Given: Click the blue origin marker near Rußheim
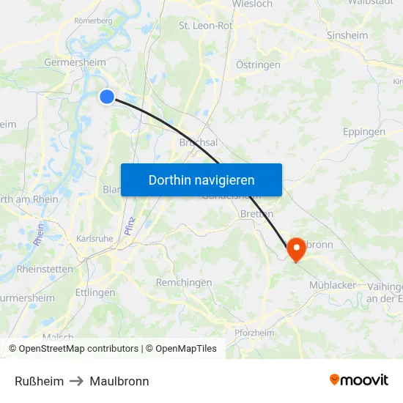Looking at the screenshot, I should pos(107,97).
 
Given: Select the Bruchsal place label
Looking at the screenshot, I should pos(198,143).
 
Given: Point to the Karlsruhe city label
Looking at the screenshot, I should pos(95,239).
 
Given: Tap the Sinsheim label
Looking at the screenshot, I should pos(347,35).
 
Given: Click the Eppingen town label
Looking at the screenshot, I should pos(363,133).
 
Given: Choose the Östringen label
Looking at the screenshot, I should pos(258,65).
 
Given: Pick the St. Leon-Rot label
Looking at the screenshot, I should pos(205,26).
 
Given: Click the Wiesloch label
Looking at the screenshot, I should pos(251,4).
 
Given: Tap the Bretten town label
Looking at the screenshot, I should pos(256,214).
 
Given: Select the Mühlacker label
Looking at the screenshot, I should pos(333,285).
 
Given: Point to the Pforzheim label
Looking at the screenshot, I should pos(254,333).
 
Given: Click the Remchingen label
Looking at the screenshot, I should pos(184,283).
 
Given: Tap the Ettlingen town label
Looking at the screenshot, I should pos(95,292).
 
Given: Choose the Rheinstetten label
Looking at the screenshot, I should pos(45,269).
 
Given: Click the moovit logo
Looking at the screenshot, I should pos(358,380).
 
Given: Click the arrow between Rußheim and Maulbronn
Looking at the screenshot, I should pos(76,381).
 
